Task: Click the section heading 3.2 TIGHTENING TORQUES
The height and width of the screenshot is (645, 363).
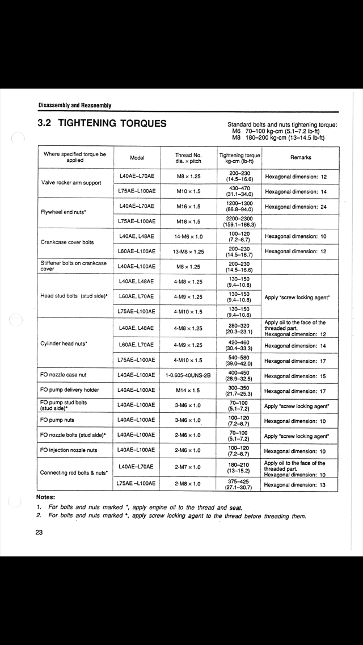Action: point(102,123)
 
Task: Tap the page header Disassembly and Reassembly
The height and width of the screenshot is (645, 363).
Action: point(75,105)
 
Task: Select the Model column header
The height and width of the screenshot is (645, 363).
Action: point(137,158)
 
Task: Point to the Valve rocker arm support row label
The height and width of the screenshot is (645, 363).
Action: point(71,183)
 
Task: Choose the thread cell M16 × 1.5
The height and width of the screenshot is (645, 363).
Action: point(189,207)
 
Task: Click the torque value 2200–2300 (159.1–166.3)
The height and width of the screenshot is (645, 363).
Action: point(240,221)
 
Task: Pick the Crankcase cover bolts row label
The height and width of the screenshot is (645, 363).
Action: point(67,242)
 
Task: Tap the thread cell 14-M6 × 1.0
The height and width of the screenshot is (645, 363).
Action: point(189,236)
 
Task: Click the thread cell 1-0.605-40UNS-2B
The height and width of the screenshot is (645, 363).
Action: point(189,376)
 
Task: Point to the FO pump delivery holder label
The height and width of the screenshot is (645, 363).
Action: point(70,391)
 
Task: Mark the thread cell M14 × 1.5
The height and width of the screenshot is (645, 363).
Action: point(189,391)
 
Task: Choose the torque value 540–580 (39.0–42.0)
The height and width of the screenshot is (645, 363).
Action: point(240,361)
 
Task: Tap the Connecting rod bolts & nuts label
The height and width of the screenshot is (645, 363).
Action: point(74,472)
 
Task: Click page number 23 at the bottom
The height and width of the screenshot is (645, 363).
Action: point(39,533)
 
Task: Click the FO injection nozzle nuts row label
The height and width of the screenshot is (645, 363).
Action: point(69,451)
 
